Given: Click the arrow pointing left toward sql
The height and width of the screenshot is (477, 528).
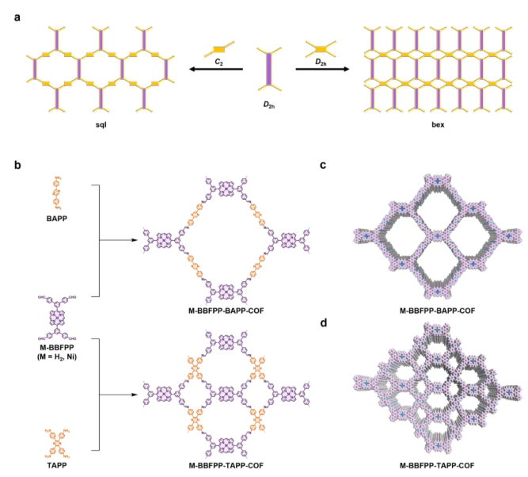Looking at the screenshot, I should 216,69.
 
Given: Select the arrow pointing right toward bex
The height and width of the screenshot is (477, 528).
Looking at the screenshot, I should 322,69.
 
